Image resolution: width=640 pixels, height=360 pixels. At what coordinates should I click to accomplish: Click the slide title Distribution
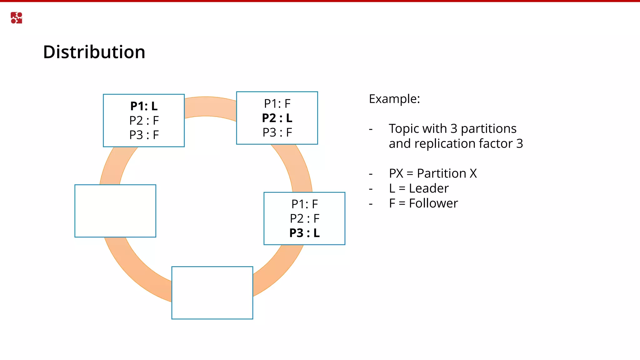click(x=94, y=52)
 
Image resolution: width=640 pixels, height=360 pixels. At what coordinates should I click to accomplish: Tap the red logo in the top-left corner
click(x=16, y=18)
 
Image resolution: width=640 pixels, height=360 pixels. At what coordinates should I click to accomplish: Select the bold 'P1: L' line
click(x=144, y=106)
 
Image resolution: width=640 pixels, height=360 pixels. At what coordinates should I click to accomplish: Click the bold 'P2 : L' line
click(x=277, y=118)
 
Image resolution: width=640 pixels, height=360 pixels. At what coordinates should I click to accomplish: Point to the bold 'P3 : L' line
click(x=304, y=233)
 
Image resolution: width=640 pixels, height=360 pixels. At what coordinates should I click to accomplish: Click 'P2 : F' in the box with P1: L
click(x=144, y=121)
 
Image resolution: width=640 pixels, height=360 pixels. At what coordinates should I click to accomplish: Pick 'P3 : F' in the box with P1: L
click(x=144, y=135)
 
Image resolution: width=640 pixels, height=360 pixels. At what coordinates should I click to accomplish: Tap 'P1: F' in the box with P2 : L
click(x=277, y=104)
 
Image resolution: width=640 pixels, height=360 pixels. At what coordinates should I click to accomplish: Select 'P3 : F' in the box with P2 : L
click(x=277, y=132)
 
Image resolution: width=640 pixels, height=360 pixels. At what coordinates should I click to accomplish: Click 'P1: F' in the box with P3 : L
click(x=304, y=204)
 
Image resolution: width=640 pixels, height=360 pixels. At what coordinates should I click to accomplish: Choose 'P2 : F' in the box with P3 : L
click(x=304, y=219)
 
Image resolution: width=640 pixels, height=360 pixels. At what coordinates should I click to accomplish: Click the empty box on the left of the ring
click(x=115, y=211)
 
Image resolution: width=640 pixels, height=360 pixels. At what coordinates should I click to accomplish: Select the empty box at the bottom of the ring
click(x=212, y=293)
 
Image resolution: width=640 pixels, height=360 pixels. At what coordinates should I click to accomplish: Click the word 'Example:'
click(x=394, y=99)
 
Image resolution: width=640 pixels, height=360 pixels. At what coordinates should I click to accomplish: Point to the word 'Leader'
click(x=429, y=188)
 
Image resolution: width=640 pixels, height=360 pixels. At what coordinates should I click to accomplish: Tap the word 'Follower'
click(x=433, y=203)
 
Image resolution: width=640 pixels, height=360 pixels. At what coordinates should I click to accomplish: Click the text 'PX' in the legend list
click(x=396, y=173)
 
